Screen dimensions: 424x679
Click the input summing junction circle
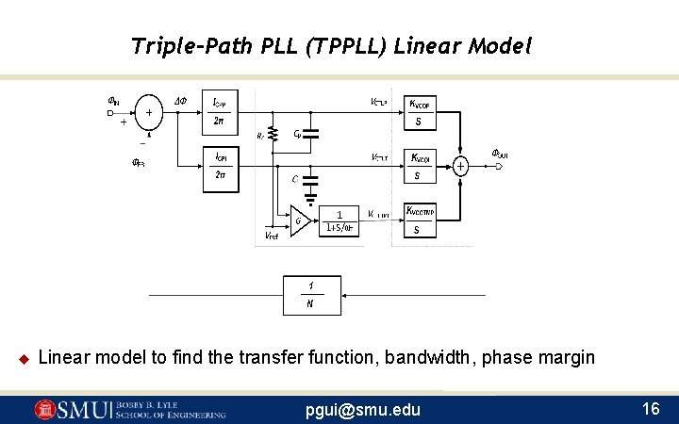(x=148, y=113)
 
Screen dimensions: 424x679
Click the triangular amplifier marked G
(x=301, y=221)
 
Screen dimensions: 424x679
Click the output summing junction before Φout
(x=460, y=167)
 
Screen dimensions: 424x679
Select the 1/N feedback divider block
(x=311, y=295)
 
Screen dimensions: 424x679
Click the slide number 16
(x=650, y=409)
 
